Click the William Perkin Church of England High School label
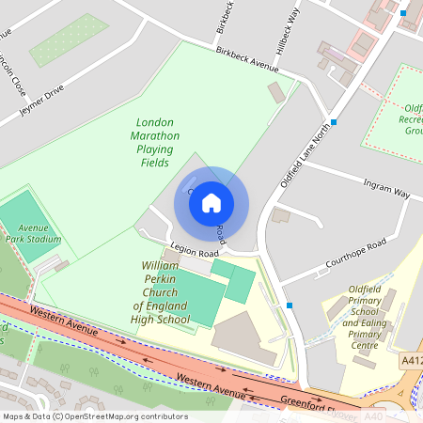(160, 293)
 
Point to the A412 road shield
(411, 359)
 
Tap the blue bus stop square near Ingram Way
(333, 123)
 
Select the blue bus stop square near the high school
(290, 305)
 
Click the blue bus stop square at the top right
(402, 14)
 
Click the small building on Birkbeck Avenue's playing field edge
(275, 93)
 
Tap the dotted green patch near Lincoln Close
(69, 39)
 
